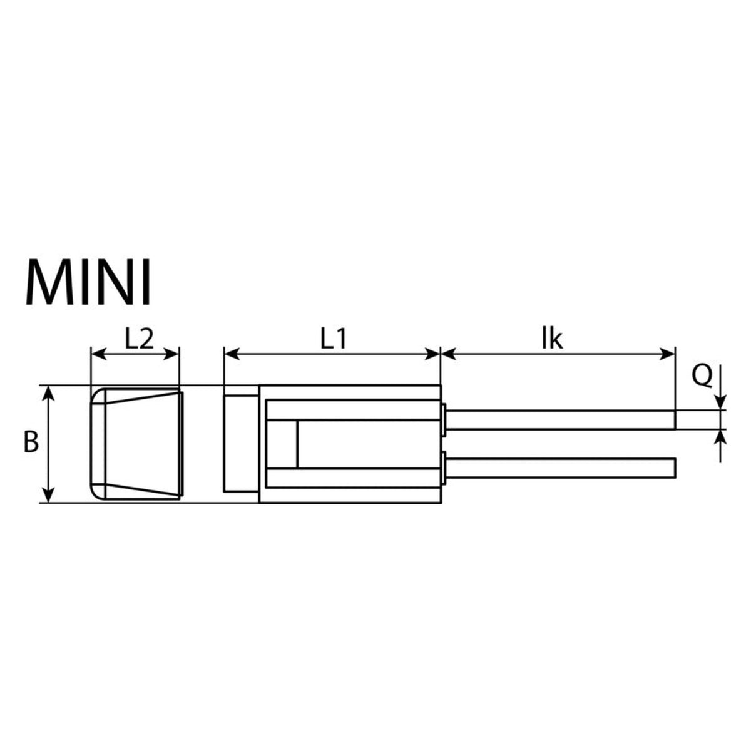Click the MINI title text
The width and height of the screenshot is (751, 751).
[88, 282]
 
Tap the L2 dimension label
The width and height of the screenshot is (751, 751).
[139, 340]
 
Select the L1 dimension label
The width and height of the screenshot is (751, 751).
[333, 340]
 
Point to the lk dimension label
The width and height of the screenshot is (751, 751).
[552, 339]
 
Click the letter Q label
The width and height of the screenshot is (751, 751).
[702, 377]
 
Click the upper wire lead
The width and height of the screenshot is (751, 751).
[560, 420]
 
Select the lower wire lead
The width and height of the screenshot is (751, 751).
[560, 468]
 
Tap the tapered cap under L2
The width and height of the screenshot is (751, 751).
[136, 444]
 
